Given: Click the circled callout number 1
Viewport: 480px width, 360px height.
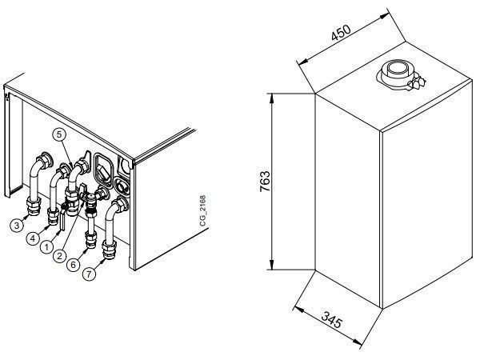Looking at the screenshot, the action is (x=47, y=246).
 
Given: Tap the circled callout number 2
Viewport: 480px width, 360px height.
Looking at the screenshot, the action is (x=59, y=255).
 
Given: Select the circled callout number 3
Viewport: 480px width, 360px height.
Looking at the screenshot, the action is (x=17, y=226).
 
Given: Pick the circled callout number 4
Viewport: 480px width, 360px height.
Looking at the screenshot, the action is (x=33, y=238).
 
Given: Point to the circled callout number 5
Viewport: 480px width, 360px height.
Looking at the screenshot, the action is (x=59, y=134).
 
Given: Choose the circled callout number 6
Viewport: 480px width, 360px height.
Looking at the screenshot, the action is (x=73, y=264).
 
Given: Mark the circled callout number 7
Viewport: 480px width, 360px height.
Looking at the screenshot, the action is (x=89, y=274).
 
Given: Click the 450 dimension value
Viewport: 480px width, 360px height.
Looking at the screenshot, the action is (x=341, y=33).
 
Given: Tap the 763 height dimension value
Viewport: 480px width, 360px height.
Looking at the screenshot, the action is (x=265, y=182).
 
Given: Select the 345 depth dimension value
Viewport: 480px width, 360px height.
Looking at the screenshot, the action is (x=331, y=319).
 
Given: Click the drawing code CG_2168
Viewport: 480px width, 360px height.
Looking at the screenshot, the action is (x=203, y=211).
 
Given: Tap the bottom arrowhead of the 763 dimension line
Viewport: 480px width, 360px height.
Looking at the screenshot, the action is (x=271, y=265).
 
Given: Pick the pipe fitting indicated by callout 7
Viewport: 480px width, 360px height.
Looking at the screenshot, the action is (x=110, y=250).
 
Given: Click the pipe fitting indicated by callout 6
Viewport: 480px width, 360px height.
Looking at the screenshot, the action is (x=91, y=239).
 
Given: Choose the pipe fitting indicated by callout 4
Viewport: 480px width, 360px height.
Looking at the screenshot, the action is (x=54, y=216).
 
